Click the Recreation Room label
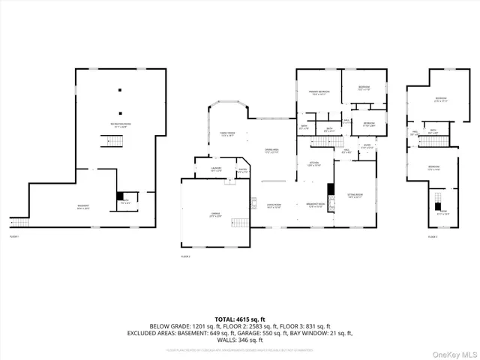(118, 126)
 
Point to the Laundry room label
(216, 169)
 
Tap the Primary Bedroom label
(319, 92)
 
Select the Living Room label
(273, 205)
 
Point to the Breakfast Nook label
(316, 205)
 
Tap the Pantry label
(243, 171)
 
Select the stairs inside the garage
(239, 223)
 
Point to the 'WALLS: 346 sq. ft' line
(240, 340)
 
